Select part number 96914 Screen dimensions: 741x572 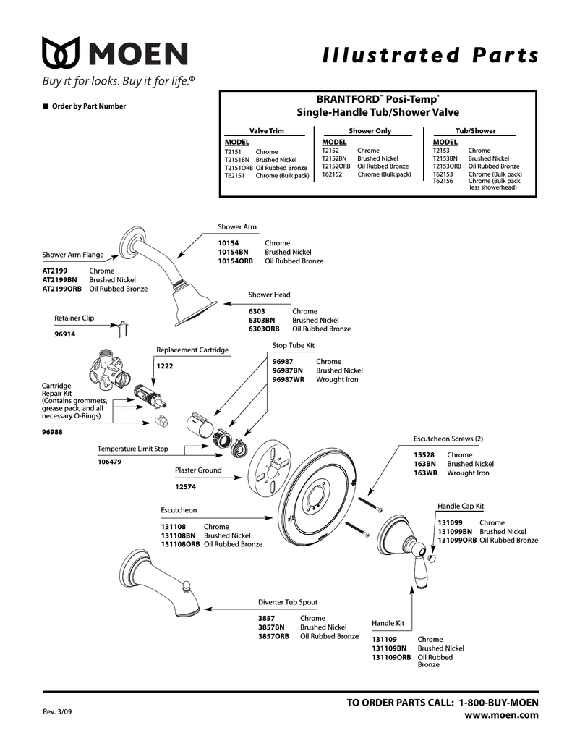point(64,334)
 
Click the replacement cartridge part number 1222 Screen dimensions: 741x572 point(164,366)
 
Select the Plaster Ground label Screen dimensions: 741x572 point(198,470)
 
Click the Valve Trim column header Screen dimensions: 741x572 point(267,131)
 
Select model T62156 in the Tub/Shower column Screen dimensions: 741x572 point(443,181)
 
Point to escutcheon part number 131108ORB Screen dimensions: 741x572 point(180,544)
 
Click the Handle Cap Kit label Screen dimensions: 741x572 point(461,506)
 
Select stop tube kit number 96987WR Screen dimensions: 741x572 point(289,379)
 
